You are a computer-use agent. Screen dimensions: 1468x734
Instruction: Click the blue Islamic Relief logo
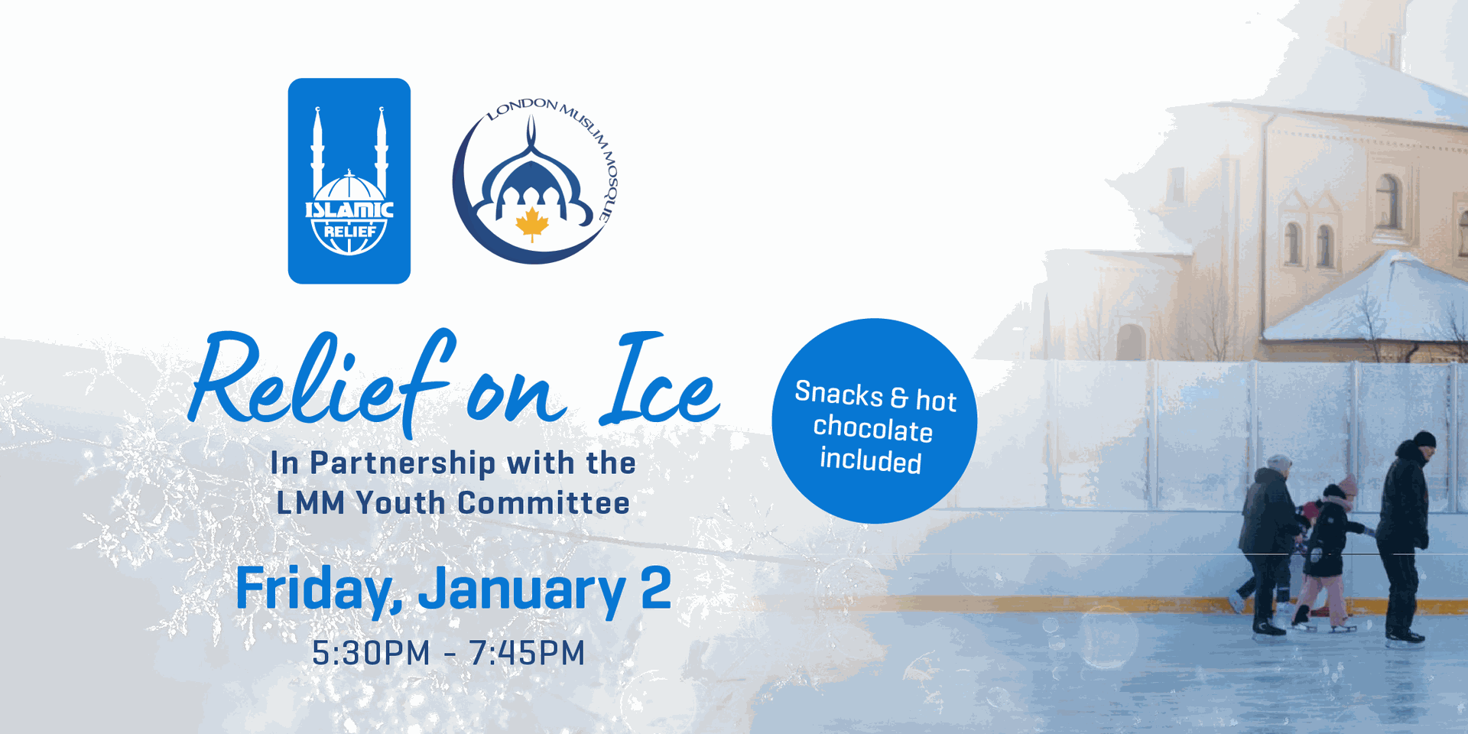[x=349, y=181]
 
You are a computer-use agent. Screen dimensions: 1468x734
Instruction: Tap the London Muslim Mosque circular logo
[x=535, y=180]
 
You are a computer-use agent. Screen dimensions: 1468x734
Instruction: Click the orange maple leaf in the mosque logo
[x=532, y=224]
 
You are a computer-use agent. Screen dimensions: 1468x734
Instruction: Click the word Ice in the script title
[x=660, y=380]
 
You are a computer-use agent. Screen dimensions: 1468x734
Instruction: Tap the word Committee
[x=544, y=503]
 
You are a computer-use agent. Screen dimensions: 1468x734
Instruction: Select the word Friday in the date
[x=318, y=589]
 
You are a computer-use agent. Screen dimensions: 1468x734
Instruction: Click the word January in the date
[x=522, y=589]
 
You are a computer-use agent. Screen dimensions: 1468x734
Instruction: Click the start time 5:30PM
[x=371, y=653]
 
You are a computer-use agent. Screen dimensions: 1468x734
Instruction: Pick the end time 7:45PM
[x=527, y=653]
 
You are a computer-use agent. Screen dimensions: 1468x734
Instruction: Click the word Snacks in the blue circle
[x=839, y=394]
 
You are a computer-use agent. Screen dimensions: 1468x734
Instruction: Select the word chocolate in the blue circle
[x=872, y=428]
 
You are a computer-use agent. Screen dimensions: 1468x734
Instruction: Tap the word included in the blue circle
[x=871, y=460]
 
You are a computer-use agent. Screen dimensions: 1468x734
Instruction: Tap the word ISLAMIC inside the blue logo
[x=349, y=209]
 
